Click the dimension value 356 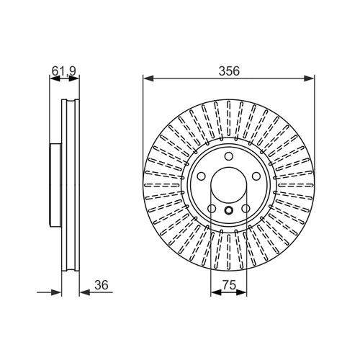point(229,71)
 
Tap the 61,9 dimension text point(64,71)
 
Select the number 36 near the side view point(102,285)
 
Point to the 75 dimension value point(230,285)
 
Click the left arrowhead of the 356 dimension point(148,78)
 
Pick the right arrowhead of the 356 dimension point(309,78)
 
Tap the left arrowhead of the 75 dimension point(216,292)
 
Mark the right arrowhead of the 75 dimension point(241,292)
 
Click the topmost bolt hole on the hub point(229,156)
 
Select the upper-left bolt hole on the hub point(202,176)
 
